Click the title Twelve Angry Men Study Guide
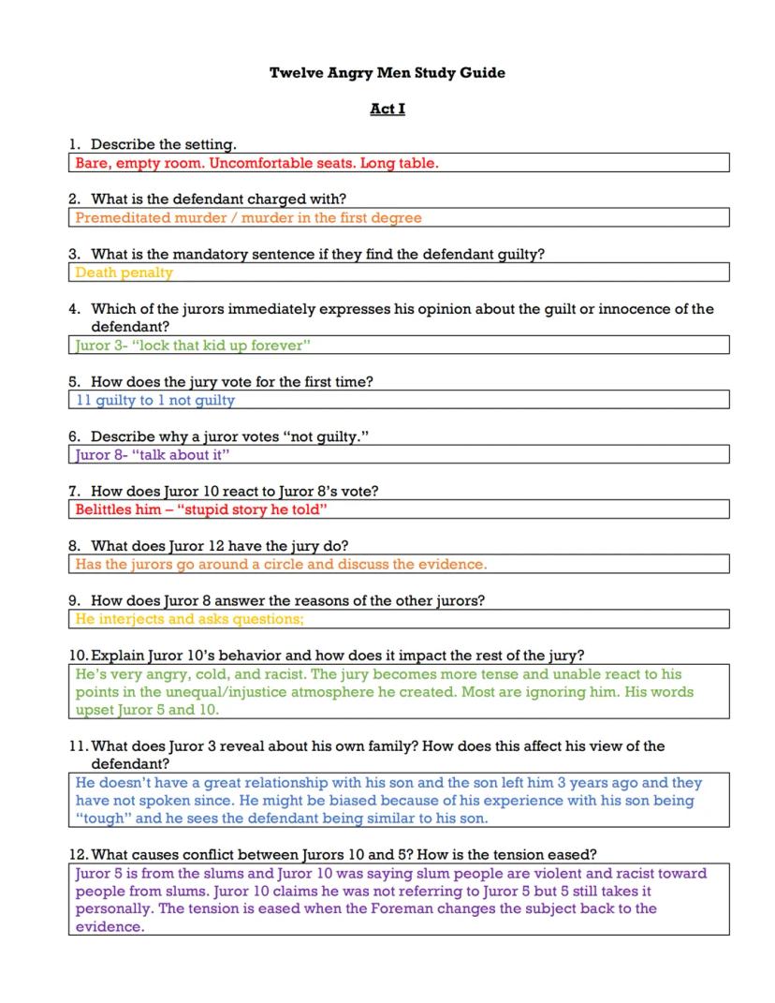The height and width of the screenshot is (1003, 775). [387, 72]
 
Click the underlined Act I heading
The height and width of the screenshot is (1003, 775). [387, 109]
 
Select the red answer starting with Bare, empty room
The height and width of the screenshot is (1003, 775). [256, 163]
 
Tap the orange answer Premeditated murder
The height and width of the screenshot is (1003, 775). [248, 218]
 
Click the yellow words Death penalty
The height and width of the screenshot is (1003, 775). [124, 273]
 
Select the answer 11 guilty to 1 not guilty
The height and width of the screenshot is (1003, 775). [155, 400]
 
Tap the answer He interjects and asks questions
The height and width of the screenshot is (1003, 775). [189, 619]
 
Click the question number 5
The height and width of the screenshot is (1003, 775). [74, 382]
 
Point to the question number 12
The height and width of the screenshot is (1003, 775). [78, 854]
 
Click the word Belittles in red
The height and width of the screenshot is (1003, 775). [106, 509]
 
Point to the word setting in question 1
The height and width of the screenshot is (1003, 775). [207, 144]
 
